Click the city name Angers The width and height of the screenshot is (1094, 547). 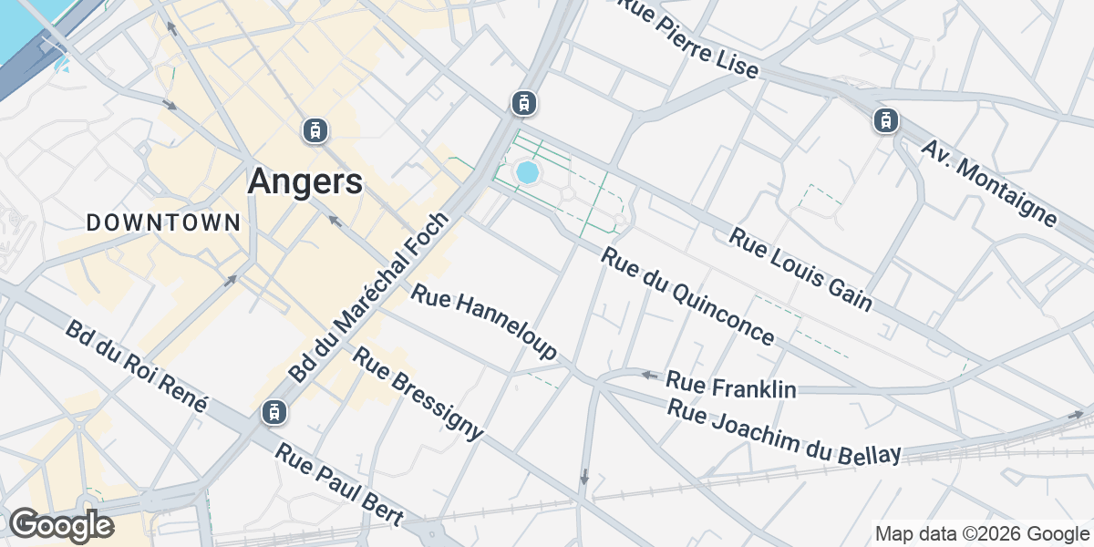pos(304,181)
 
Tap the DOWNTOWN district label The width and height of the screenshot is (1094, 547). pos(164,222)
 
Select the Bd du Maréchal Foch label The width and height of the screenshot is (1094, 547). pos(369,297)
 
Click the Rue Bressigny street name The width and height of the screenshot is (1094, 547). pos(418,394)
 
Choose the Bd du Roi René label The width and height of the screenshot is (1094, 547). pos(137,366)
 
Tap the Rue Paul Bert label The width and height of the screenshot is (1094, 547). pos(339,485)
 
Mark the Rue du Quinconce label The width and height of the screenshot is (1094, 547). pos(688,296)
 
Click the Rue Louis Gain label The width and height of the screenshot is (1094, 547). pos(800,269)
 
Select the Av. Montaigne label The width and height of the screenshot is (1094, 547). pos(989,182)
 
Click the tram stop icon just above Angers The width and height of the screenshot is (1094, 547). pos(315,130)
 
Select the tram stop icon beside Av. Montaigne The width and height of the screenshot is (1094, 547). pos(885,119)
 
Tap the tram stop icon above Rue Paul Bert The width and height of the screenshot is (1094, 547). pos(272,412)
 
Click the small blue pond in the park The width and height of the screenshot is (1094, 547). pos(527,171)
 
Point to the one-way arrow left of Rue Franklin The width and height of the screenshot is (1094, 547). pos(648,375)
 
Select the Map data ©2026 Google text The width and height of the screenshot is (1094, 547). pos(981,533)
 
